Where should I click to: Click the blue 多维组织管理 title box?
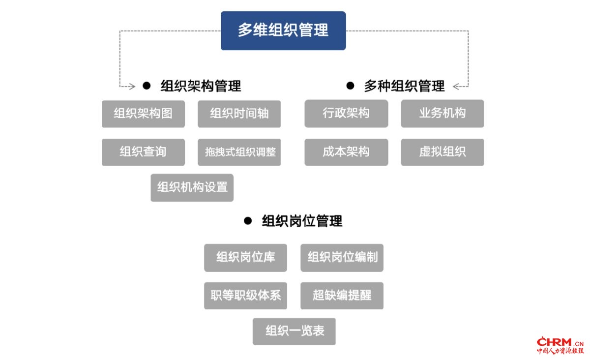pyautogui.click(x=283, y=30)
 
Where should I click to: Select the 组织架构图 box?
pyautogui.click(x=143, y=114)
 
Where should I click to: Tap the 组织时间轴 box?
pyautogui.click(x=239, y=114)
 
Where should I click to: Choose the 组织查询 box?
pyautogui.click(x=143, y=152)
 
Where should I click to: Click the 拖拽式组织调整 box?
pyautogui.click(x=239, y=152)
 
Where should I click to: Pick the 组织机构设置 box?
pyautogui.click(x=192, y=188)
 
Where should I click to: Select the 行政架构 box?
pyautogui.click(x=346, y=114)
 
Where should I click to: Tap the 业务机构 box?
pyautogui.click(x=442, y=114)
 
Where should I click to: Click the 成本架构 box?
pyautogui.click(x=346, y=152)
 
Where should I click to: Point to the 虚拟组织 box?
pyautogui.click(x=442, y=152)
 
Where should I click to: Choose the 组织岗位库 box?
pyautogui.click(x=245, y=258)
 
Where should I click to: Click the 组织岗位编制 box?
pyautogui.click(x=342, y=258)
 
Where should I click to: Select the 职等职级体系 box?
pyautogui.click(x=245, y=296)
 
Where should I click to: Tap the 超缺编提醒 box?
pyautogui.click(x=342, y=296)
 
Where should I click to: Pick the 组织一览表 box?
pyautogui.click(x=294, y=331)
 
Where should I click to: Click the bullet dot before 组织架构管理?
pyautogui.click(x=147, y=86)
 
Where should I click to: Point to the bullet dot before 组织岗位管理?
pyautogui.click(x=248, y=221)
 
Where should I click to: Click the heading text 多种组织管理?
pyautogui.click(x=404, y=86)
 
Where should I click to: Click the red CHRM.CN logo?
pyautogui.click(x=560, y=345)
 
